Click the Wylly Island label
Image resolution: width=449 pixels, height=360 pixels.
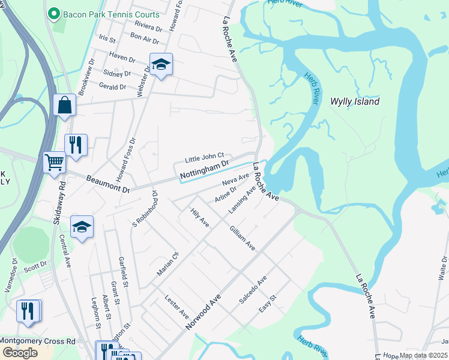coord(355,101)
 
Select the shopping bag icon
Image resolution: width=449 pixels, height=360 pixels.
coord(64,105)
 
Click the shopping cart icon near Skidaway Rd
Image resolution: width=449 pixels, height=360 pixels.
coord(55,162)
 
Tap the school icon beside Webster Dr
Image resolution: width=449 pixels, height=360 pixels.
coord(161,64)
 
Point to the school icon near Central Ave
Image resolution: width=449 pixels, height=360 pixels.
coord(82,227)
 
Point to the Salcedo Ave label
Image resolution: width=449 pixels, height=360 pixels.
coord(253,290)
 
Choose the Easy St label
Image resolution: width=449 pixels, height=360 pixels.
coord(267,304)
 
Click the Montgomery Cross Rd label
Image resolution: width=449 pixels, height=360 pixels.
coord(37,341)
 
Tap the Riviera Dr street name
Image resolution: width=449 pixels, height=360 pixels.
coord(149,28)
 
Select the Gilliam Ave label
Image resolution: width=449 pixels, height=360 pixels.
coord(242,238)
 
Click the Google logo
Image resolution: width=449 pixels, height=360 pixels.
coord(20,353)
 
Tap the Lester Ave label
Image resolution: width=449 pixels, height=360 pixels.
coord(176,308)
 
